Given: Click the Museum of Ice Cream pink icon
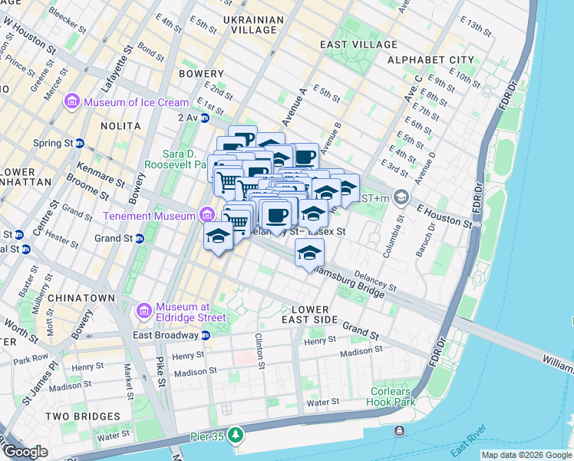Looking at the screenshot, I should point(73,102).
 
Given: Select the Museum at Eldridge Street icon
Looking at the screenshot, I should point(143,310).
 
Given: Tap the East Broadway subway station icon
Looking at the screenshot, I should point(206,335).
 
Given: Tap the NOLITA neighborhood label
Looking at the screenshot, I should point(120,125).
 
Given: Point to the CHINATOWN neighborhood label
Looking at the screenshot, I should point(81,297).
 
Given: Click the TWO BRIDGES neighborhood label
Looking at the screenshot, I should point(83,416).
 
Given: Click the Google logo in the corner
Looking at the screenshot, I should point(25,452).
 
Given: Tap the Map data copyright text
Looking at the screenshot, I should point(526,456).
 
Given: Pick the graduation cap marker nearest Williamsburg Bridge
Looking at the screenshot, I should point(309,253).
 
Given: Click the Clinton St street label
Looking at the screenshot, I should point(262,350).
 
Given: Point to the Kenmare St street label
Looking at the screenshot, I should point(99,172).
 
